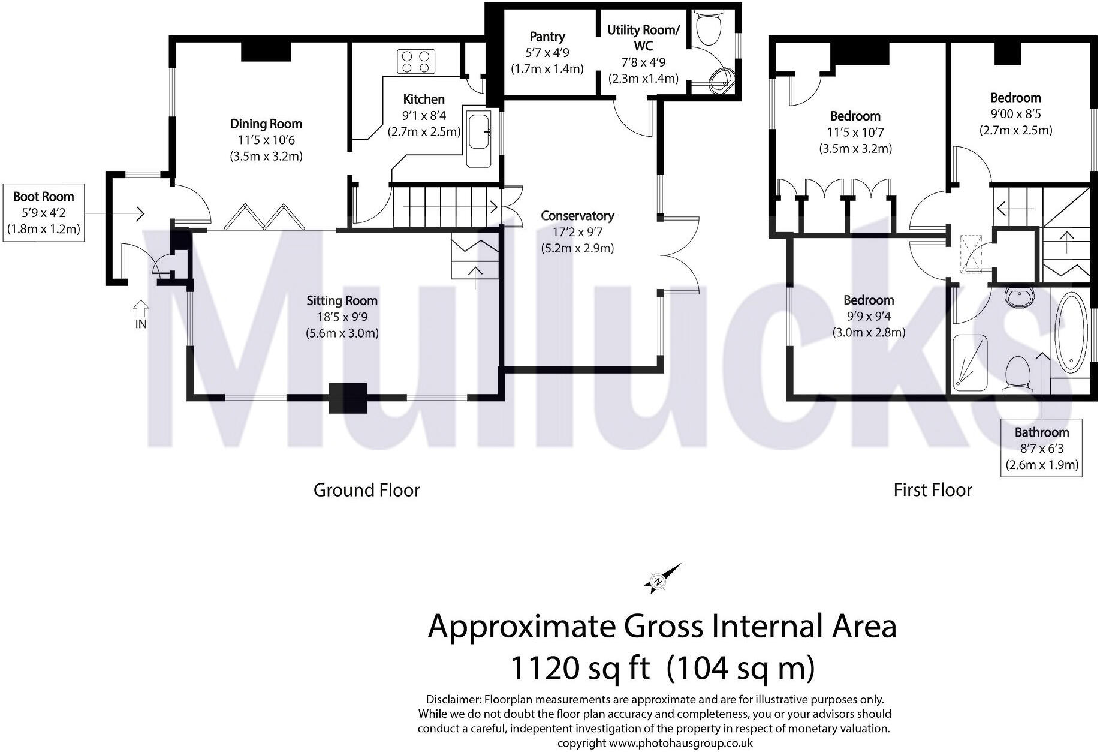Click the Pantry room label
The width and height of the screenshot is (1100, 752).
point(547,37)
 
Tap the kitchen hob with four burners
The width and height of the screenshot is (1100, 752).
point(417,62)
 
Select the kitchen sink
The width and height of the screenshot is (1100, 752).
point(479,132)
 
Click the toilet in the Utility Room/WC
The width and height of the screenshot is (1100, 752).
point(708,28)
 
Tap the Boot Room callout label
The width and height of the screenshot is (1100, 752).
point(43,212)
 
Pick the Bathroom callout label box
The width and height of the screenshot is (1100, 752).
point(1042,447)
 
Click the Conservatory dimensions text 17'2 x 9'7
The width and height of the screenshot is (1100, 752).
point(577,232)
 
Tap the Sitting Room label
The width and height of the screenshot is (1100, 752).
point(342,301)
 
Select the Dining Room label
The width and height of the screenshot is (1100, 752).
point(266,124)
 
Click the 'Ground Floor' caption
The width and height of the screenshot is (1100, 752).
point(366,491)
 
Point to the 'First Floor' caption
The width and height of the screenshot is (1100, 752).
point(932,491)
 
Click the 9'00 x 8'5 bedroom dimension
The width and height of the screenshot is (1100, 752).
point(1015,114)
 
